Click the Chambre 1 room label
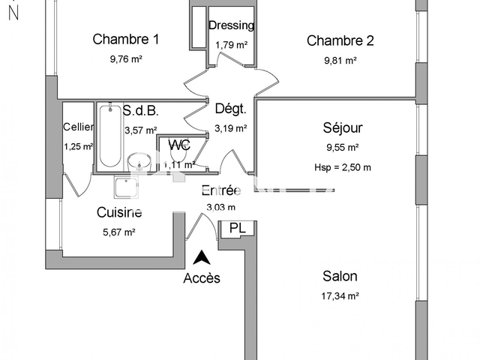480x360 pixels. click(x=125, y=40)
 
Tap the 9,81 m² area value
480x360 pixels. click(x=331, y=61)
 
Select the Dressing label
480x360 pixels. click(x=231, y=25)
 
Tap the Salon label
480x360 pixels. click(x=340, y=276)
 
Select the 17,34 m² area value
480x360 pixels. click(x=340, y=296)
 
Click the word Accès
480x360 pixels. click(x=202, y=278)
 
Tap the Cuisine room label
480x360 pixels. click(x=119, y=213)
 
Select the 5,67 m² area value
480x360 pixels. click(x=118, y=232)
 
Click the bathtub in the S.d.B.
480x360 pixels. click(x=109, y=137)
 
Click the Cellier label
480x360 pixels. click(x=78, y=127)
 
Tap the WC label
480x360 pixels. click(x=178, y=145)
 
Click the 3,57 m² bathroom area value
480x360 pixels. click(x=140, y=130)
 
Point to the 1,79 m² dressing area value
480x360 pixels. click(x=231, y=45)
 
